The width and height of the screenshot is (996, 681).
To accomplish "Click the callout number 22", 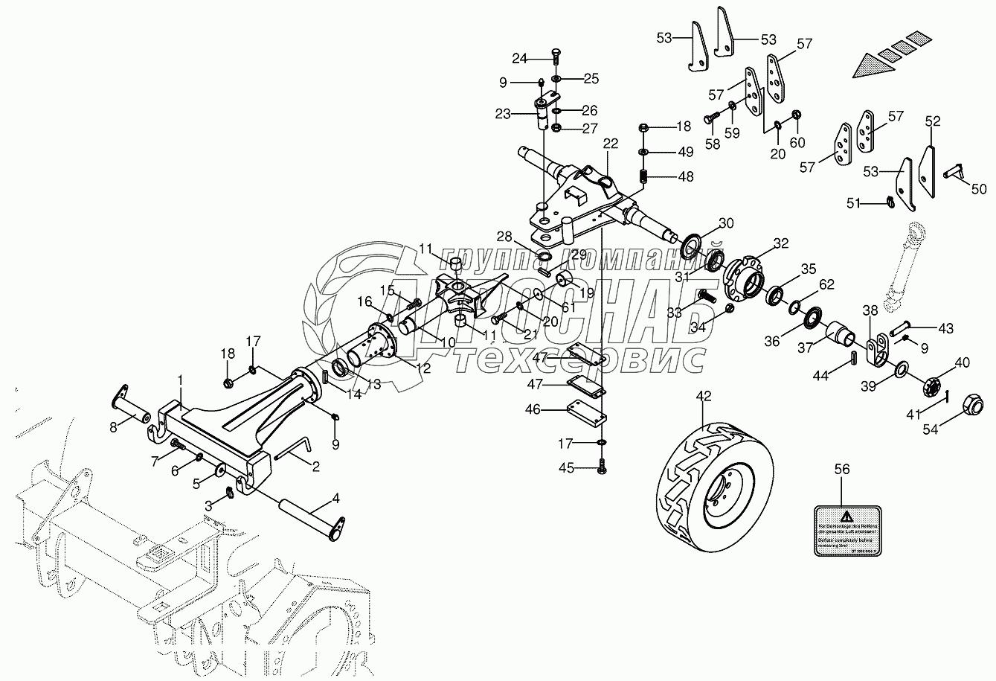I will click(x=611, y=143).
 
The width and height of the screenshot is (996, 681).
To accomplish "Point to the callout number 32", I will click(x=780, y=242).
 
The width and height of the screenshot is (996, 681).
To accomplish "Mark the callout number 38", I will click(x=870, y=310).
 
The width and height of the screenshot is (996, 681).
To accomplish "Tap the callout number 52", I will click(x=932, y=121).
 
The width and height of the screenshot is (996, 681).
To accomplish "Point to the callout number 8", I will click(x=113, y=426).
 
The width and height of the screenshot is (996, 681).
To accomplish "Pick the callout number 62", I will click(x=827, y=284).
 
